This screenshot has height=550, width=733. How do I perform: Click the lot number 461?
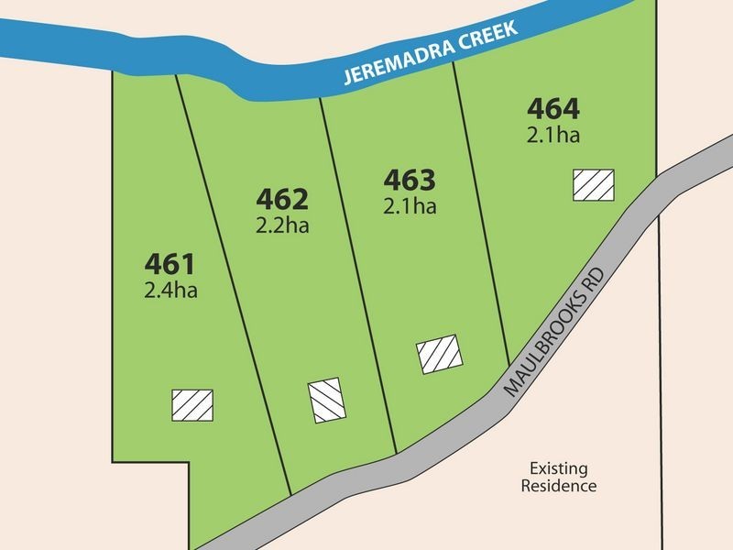(x=170, y=266)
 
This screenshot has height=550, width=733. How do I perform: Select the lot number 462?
(x=282, y=199)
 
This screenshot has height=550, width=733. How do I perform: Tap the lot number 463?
(x=409, y=178)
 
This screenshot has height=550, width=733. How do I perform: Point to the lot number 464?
(x=553, y=109)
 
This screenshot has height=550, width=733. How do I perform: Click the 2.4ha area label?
(x=170, y=292)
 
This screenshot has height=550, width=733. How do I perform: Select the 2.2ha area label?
(x=282, y=225)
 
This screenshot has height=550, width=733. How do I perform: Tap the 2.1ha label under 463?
(x=409, y=205)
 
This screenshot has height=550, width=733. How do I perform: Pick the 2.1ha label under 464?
(x=553, y=136)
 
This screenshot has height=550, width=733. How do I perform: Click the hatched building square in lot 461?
(x=192, y=404)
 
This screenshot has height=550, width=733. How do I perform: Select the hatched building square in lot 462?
(x=326, y=401)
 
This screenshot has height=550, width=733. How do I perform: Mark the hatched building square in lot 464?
(x=594, y=184)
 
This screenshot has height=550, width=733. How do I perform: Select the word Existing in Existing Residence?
(x=559, y=467)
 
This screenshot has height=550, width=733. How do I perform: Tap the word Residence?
(x=559, y=487)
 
